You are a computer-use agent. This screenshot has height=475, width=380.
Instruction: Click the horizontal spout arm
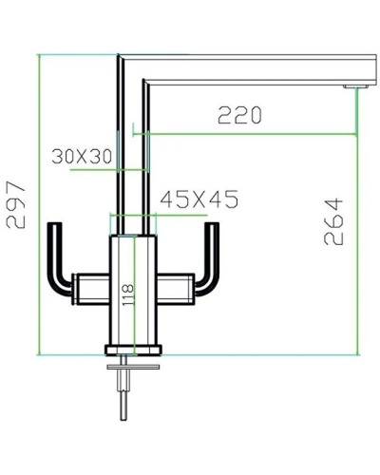[x=247, y=71]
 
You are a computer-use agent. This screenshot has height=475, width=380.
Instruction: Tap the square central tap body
[x=132, y=294]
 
